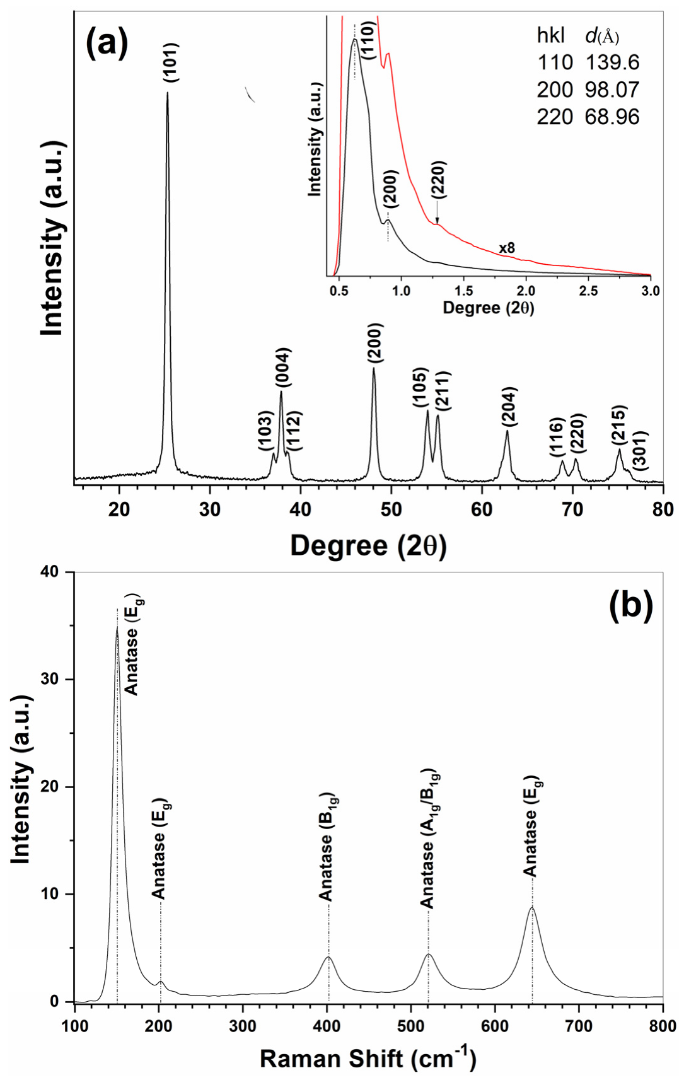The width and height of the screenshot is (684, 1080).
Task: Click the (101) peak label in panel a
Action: pyautogui.click(x=171, y=62)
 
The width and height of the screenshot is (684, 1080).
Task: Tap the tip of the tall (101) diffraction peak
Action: pyautogui.click(x=167, y=93)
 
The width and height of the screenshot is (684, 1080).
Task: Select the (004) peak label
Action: pyautogui.click(x=283, y=368)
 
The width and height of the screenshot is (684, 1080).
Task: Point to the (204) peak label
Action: pyautogui.click(x=509, y=407)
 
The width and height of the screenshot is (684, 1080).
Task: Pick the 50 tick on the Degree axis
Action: pyautogui.click(x=391, y=509)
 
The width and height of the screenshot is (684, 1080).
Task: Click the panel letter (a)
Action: pyautogui.click(x=107, y=42)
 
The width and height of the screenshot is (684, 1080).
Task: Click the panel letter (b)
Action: pyautogui.click(x=630, y=605)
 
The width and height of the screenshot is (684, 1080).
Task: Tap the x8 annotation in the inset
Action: pyautogui.click(x=507, y=248)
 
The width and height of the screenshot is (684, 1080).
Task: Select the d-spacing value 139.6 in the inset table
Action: pyautogui.click(x=612, y=62)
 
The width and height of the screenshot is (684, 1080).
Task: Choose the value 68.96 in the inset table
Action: pyautogui.click(x=612, y=117)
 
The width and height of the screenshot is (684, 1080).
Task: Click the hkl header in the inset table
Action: pyautogui.click(x=552, y=36)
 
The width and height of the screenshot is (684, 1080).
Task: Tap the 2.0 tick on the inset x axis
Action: pyautogui.click(x=526, y=291)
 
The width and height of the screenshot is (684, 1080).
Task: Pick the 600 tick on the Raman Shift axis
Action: pyautogui.click(x=495, y=1026)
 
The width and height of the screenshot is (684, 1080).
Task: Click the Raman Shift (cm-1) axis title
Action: pyautogui.click(x=368, y=1059)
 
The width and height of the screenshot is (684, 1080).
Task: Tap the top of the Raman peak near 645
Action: pyautogui.click(x=532, y=907)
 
